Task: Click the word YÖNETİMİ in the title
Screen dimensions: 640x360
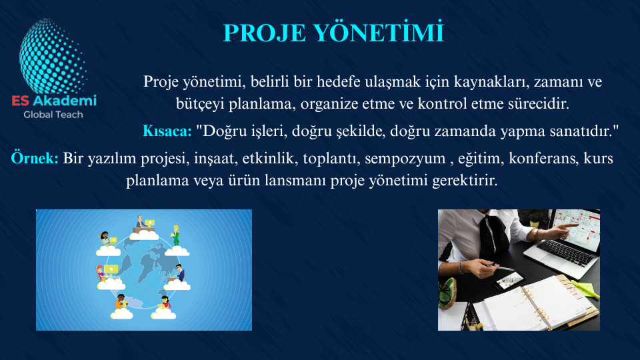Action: tap(379, 33)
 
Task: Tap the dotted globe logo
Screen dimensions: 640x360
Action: tap(53, 57)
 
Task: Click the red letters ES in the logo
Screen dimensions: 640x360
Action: tap(21, 101)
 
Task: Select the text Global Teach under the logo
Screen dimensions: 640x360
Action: tap(53, 115)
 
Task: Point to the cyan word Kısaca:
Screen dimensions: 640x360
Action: tap(167, 131)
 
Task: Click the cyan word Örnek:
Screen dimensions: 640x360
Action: tap(35, 158)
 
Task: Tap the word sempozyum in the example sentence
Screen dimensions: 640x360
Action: tap(405, 159)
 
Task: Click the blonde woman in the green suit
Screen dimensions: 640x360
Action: tap(176, 236)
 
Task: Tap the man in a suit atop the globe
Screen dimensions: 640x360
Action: tap(141, 223)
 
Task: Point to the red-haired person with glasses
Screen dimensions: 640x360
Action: tap(100, 273)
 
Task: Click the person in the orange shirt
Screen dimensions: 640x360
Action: tap(120, 301)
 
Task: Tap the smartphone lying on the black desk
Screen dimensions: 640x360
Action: tap(509, 281)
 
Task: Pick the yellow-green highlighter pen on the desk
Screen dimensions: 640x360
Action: tap(586, 289)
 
